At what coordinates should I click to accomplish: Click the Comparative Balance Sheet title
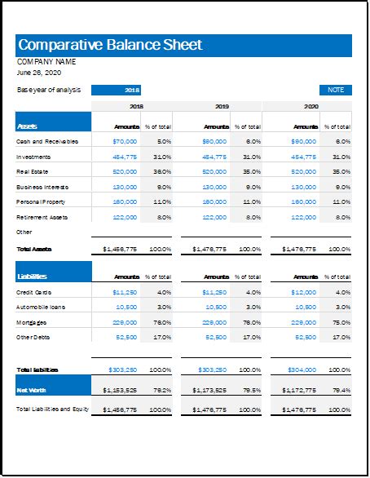(x=110, y=45)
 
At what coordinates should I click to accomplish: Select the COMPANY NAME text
(x=46, y=61)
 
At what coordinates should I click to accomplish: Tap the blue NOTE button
(x=335, y=90)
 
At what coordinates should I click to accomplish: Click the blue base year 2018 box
(x=132, y=90)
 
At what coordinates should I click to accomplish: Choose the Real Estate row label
(x=33, y=171)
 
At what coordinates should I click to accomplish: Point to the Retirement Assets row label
(x=42, y=217)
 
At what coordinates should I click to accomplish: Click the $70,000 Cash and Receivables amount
(x=126, y=141)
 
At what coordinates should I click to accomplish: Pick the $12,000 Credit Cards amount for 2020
(x=304, y=291)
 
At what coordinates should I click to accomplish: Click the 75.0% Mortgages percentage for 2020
(x=341, y=321)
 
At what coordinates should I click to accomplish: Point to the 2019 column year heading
(x=222, y=106)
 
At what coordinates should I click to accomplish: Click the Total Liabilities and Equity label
(x=53, y=407)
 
